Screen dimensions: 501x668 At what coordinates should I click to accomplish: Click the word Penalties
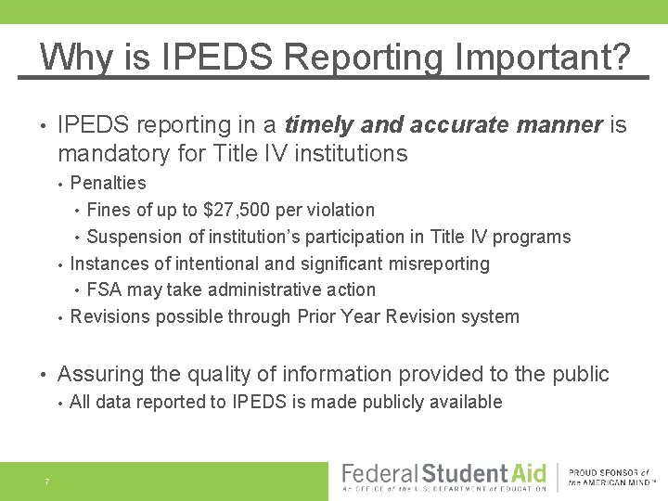coord(108,183)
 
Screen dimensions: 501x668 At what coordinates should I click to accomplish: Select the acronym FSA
coord(105,289)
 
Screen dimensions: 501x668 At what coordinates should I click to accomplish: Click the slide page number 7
coord(45,481)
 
